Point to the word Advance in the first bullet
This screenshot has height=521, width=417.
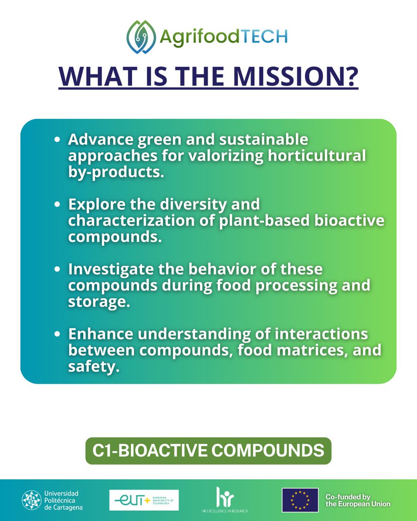coord(99,140)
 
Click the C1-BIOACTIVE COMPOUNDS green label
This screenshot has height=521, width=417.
coord(208,450)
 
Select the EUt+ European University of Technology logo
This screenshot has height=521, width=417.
coord(144,500)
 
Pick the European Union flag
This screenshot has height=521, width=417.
coord(300,500)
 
